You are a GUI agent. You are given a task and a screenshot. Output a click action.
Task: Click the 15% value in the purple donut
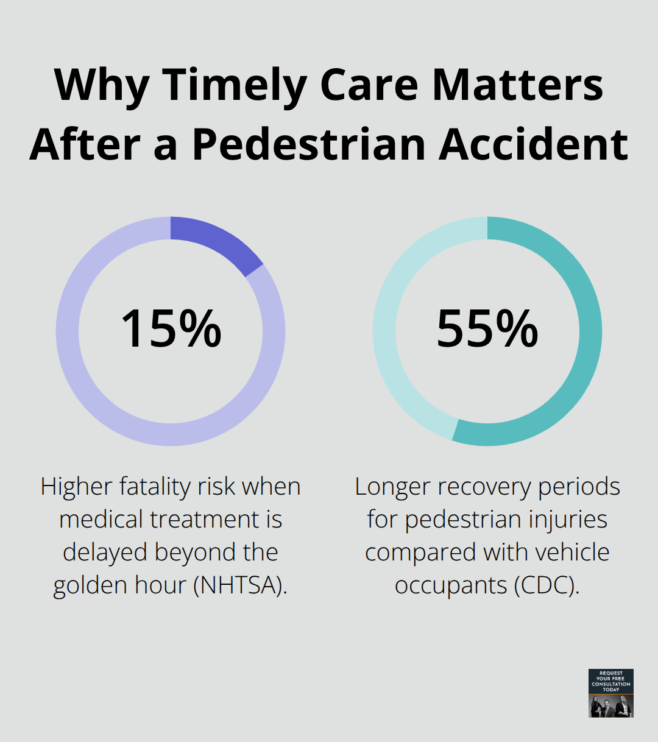tap(171, 329)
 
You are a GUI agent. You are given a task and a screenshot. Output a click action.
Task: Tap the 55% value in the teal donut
tap(487, 329)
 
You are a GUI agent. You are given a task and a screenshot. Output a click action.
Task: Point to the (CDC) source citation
tap(546, 585)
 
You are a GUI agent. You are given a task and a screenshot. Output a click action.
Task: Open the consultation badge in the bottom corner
tap(611, 693)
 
